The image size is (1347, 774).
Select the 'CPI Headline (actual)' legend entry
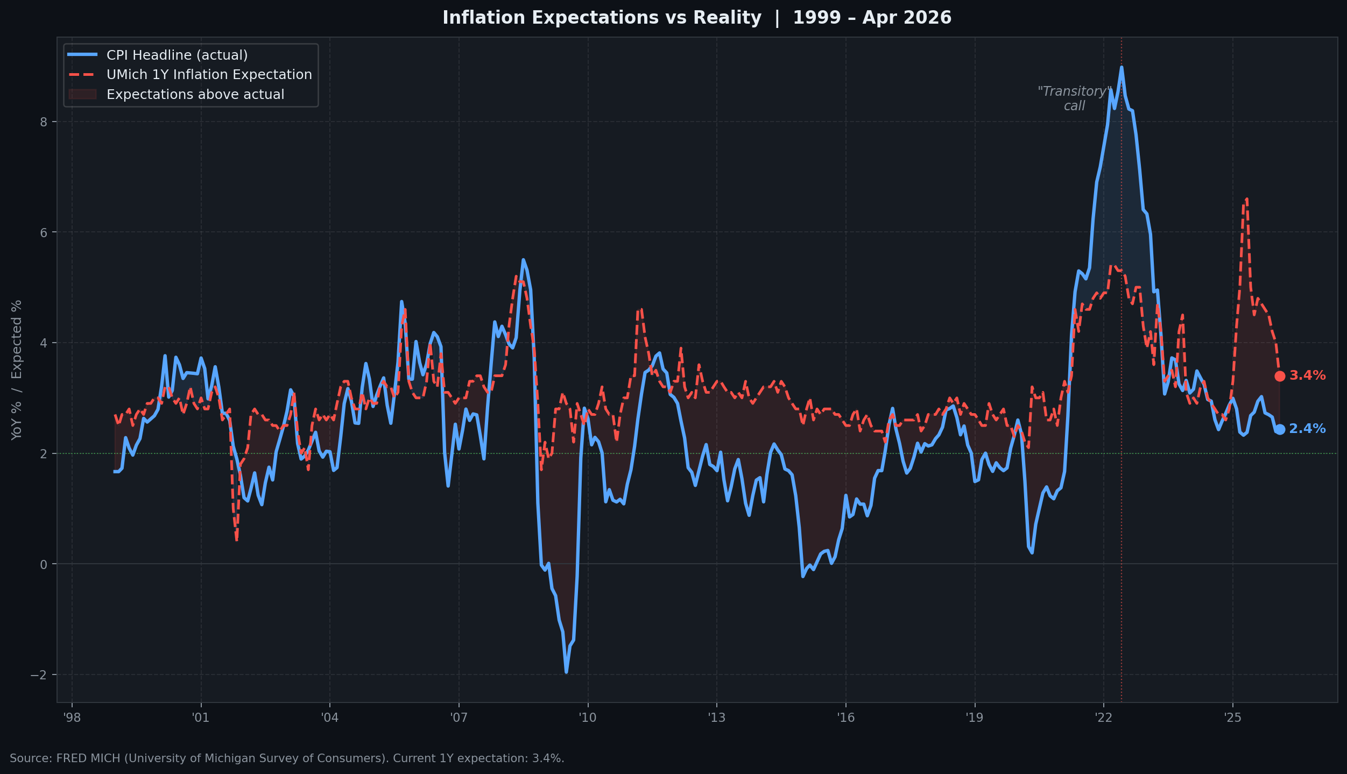click(x=177, y=55)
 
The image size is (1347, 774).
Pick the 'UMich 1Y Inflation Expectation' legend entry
click(x=209, y=75)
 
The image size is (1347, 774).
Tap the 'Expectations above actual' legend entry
click(x=195, y=95)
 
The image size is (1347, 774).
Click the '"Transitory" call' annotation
click(x=1074, y=99)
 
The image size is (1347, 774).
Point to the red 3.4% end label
click(x=1307, y=376)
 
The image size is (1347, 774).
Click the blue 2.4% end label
click(x=1307, y=429)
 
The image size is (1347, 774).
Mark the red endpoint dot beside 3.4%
click(x=1280, y=376)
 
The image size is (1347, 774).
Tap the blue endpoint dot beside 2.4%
click(x=1280, y=429)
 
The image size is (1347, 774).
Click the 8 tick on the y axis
click(x=44, y=122)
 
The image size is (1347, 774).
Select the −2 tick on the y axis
click(x=39, y=675)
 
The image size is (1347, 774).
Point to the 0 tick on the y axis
click(x=44, y=564)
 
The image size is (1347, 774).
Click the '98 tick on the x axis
click(x=72, y=718)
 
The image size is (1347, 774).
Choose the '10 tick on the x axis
click(x=588, y=718)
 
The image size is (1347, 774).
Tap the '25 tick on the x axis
click(x=1232, y=718)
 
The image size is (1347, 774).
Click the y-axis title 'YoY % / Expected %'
click(x=17, y=370)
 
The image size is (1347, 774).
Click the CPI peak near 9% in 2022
click(x=1122, y=67)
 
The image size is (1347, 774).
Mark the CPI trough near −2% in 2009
click(x=566, y=672)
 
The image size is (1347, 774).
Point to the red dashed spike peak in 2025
click(x=1246, y=198)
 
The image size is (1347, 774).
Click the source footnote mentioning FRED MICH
click(x=287, y=758)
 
